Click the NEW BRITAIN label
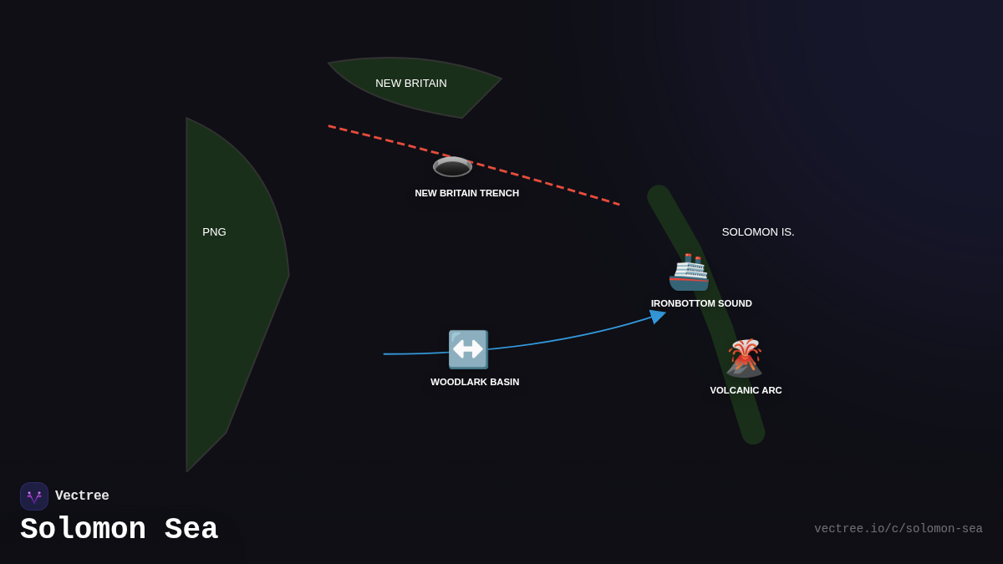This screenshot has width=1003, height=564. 411,84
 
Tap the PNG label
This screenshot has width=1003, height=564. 214,232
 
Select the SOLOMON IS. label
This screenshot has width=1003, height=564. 758,232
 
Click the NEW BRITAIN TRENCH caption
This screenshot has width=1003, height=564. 466,193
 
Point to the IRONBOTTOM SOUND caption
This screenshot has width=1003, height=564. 701,303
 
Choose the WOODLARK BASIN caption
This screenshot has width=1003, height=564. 475,382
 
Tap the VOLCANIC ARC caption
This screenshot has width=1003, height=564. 746,390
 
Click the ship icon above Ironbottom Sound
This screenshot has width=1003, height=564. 689,272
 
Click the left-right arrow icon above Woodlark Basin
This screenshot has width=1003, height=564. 468,349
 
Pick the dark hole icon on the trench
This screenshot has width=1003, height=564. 452,166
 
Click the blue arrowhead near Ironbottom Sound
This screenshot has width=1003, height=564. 658,317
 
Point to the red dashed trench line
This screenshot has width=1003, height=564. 552,185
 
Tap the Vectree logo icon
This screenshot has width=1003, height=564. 34,496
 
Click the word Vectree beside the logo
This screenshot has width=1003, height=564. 82,496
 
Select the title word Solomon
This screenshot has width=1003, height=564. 83,530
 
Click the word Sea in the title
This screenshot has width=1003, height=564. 191,530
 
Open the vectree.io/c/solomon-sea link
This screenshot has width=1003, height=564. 898,529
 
